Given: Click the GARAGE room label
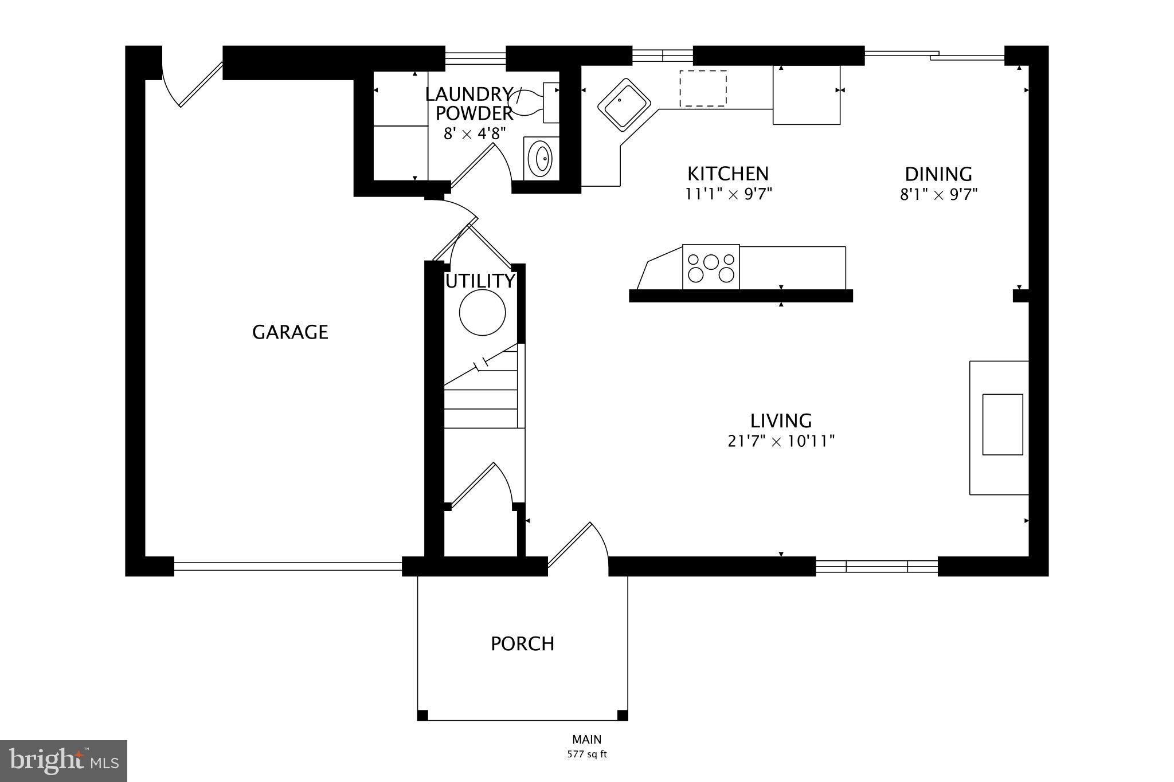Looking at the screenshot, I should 290,332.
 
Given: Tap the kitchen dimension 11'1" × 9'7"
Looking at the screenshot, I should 729,194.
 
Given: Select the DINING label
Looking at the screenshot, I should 938,174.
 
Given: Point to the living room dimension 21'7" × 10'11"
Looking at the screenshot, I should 781,442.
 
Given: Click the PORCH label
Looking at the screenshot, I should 522,644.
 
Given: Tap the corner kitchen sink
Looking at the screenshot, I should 624,105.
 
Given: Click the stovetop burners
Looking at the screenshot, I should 711,268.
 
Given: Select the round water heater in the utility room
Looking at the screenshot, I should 482,312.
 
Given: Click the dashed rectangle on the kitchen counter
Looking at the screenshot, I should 703,88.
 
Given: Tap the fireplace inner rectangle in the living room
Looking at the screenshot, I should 1003,425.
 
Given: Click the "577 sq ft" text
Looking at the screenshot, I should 586,755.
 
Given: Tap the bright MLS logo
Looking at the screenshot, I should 63,761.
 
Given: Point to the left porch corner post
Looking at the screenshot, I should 422,715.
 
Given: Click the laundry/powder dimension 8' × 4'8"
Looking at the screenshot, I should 475,134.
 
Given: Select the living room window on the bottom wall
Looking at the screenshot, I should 876,567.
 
